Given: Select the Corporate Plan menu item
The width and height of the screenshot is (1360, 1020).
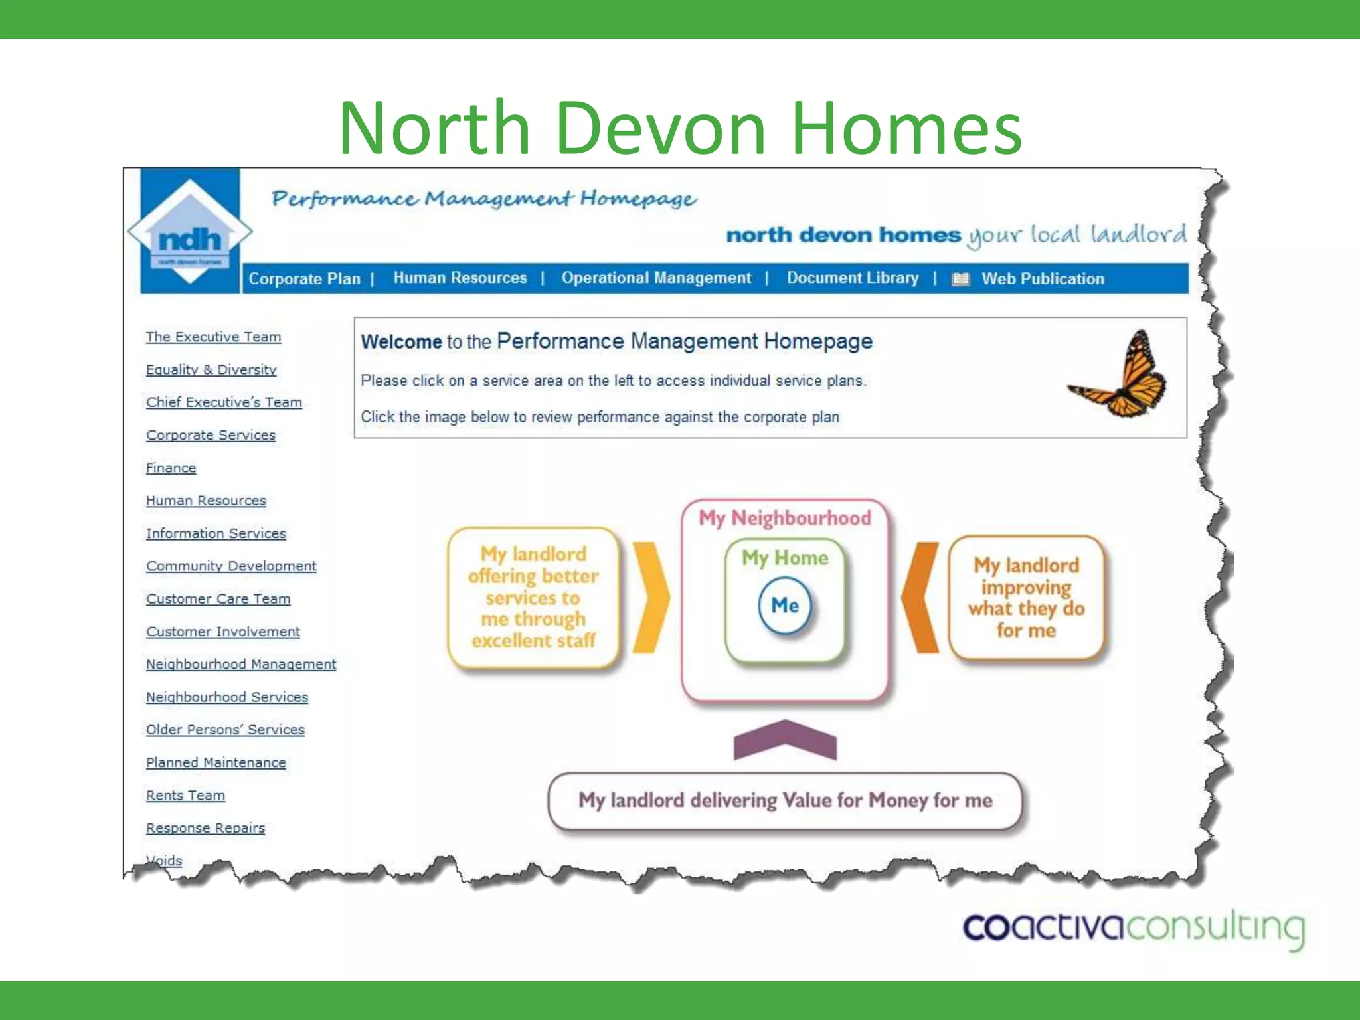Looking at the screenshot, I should click(304, 279).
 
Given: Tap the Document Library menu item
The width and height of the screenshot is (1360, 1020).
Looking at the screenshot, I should click(853, 278).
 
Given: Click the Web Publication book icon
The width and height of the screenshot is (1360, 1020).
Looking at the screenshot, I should click(960, 280).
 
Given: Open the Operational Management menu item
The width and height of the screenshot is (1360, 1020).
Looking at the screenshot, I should click(656, 278).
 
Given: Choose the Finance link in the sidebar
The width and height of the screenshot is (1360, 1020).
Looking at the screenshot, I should click(171, 468).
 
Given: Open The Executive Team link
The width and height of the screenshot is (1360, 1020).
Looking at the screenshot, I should click(213, 337).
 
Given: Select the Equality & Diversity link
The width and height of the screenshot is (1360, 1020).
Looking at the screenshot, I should click(211, 370).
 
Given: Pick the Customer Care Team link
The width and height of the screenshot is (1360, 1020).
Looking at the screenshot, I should click(218, 599).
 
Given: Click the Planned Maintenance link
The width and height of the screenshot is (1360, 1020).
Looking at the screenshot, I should click(216, 763).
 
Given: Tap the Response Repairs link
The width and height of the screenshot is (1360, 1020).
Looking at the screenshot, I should click(205, 828).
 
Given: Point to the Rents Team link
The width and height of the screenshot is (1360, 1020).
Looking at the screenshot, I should click(185, 796).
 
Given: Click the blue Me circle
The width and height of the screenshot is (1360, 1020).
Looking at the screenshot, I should click(784, 605).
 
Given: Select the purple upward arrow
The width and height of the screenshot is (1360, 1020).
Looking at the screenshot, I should click(784, 740).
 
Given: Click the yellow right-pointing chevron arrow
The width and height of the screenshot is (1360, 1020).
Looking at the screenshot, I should click(650, 598).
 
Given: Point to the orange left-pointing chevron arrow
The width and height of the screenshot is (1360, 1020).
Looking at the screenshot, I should click(921, 597).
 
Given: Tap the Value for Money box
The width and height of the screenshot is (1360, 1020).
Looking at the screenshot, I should click(784, 801).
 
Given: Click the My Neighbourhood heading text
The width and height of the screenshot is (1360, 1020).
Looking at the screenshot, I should click(784, 518).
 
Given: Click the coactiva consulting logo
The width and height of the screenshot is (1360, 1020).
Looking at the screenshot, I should click(1133, 928).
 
